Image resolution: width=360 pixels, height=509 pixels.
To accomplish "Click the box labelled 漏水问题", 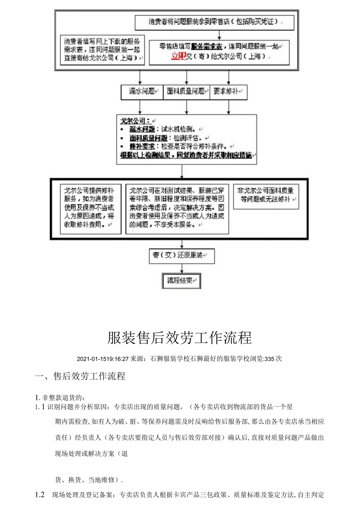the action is [140, 92].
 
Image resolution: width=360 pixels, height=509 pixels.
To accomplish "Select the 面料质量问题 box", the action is [186, 92].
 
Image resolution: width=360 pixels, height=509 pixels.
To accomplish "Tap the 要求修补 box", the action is [229, 92].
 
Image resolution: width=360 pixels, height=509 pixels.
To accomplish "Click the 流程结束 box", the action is [181, 280].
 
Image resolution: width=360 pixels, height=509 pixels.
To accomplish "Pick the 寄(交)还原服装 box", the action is [181, 255].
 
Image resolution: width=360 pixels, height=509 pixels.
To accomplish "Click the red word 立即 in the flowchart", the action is [178, 56].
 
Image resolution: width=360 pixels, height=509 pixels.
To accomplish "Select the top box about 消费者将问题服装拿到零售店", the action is [214, 22].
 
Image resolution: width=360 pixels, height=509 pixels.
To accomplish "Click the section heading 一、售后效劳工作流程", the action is [80, 376].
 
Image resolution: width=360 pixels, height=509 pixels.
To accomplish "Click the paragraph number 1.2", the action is [40, 495].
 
